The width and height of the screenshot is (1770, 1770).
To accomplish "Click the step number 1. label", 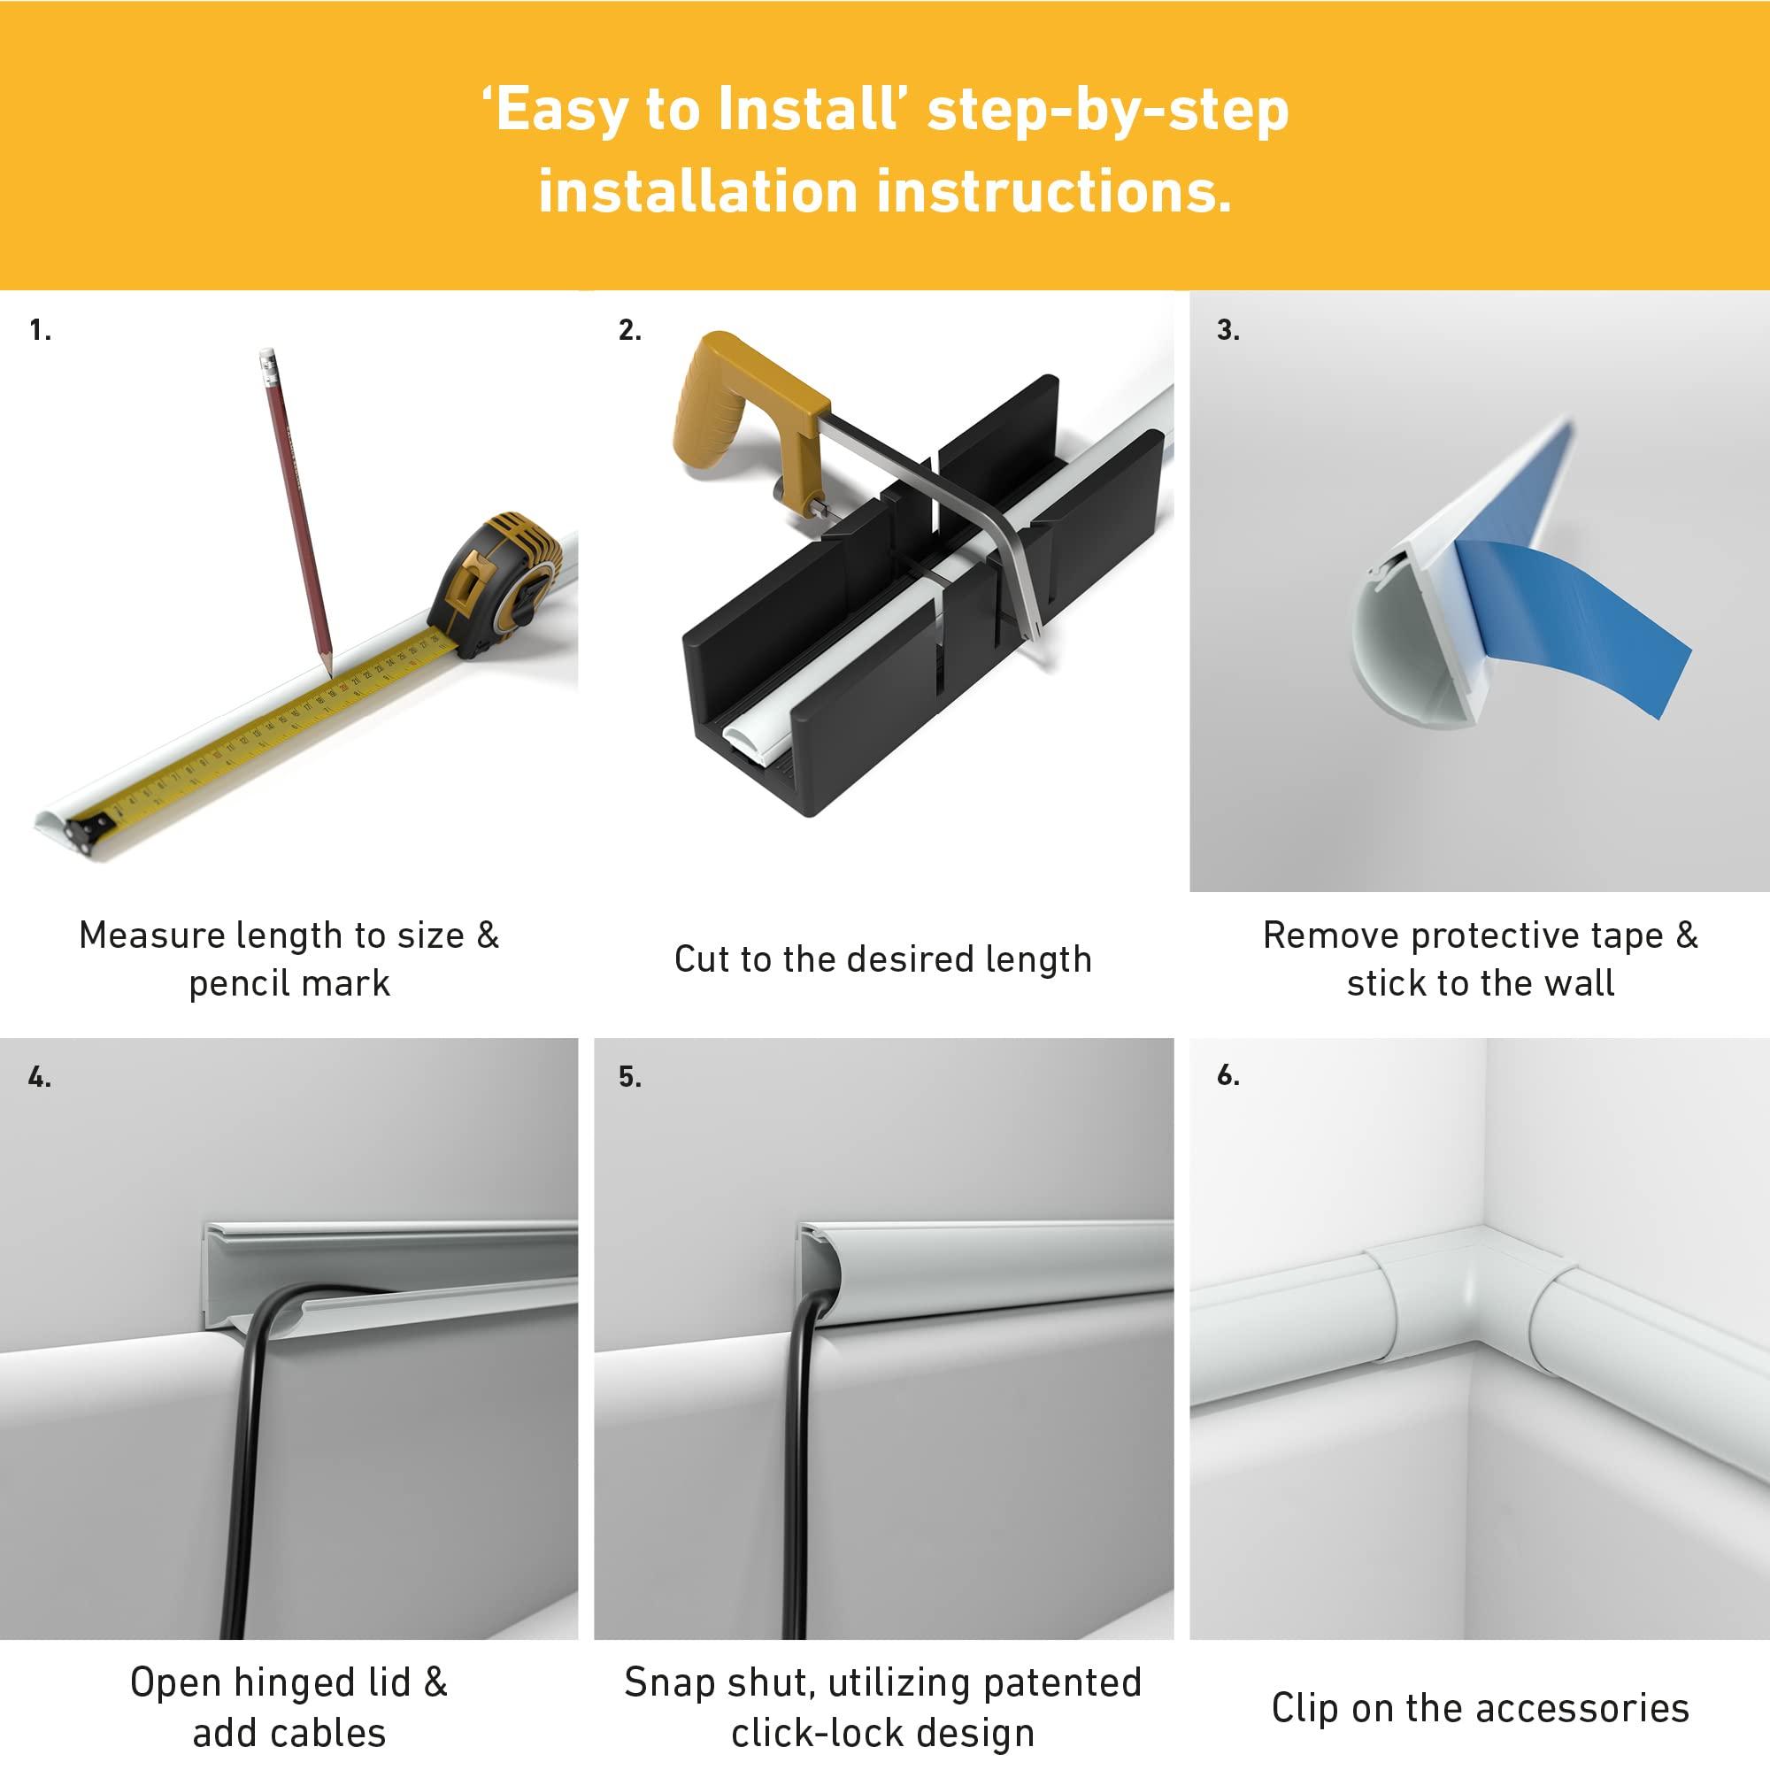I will (41, 330).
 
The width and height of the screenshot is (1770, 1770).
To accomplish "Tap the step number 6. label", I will (1228, 1075).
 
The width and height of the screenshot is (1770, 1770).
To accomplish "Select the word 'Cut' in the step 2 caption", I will (701, 959).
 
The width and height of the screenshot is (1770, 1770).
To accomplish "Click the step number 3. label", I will (1228, 330).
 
